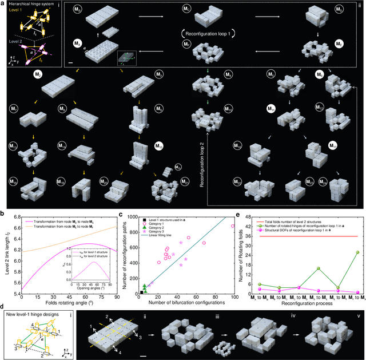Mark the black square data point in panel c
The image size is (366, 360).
[x=141, y=292]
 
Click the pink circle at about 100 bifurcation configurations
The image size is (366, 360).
[x=233, y=226]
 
